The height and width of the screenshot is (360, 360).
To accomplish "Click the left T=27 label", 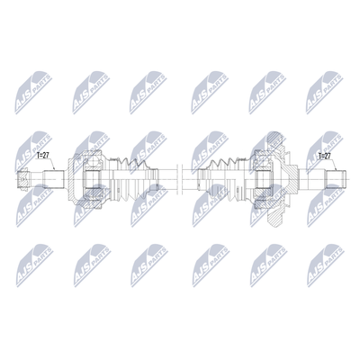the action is click(x=42, y=156).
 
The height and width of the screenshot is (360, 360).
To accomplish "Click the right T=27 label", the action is click(x=324, y=156).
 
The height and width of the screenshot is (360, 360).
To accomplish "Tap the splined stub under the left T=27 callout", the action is click(x=54, y=179).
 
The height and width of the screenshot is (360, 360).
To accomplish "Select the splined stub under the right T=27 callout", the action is click(x=336, y=179).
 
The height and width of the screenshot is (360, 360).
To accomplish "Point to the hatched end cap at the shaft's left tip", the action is click(x=22, y=179).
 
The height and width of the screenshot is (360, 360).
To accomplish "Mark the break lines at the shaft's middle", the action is click(x=180, y=179).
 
